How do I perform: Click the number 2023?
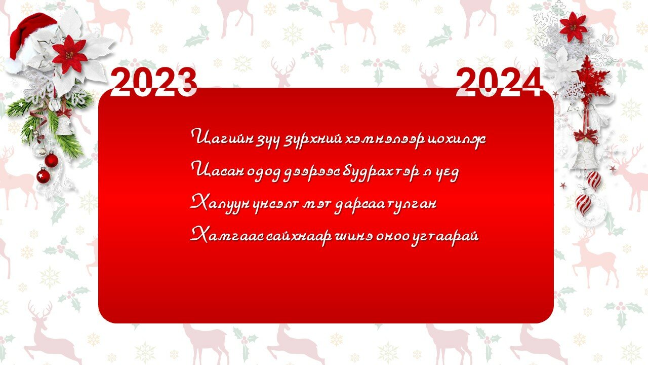[x=154, y=82]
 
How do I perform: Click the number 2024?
[x=499, y=82]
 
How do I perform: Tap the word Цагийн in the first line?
[x=221, y=137]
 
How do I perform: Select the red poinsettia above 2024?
[x=573, y=27]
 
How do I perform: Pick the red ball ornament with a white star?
[x=44, y=175]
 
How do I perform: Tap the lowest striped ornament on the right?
[x=583, y=204]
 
